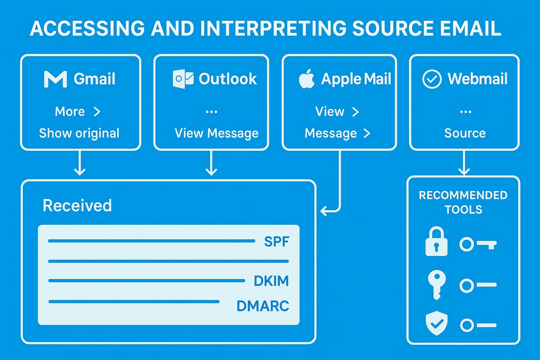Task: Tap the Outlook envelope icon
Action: tap(183, 79)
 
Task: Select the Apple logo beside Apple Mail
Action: tap(306, 79)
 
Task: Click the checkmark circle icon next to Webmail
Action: tap(432, 79)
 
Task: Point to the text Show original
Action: tap(79, 133)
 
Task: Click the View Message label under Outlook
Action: tap(216, 133)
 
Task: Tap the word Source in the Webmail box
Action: tap(465, 133)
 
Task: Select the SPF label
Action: tap(276, 242)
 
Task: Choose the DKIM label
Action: tap(271, 281)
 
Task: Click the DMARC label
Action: tap(263, 306)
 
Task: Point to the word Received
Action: tap(77, 206)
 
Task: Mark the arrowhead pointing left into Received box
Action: tap(323, 210)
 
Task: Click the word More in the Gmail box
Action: tap(70, 112)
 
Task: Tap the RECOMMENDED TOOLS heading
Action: tap(463, 202)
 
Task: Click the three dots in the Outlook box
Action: tap(211, 112)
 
